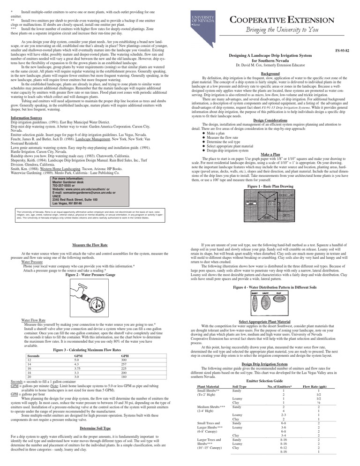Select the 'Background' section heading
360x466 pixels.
coord(270,74)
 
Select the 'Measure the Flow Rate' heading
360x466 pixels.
coord(90,245)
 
